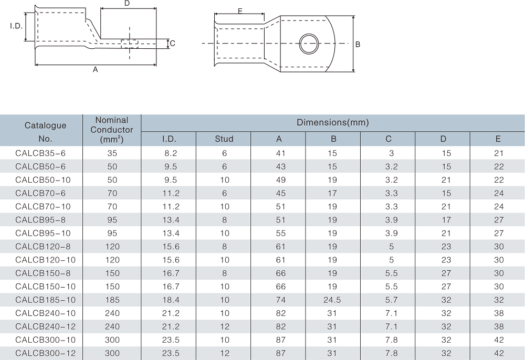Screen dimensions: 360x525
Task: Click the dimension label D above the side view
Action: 127,4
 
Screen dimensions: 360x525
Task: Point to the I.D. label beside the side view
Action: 15,25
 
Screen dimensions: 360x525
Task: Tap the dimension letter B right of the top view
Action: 358,45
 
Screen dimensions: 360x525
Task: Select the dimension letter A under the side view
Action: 96,70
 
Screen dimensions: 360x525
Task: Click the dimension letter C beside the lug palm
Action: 172,44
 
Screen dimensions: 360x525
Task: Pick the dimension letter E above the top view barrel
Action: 240,10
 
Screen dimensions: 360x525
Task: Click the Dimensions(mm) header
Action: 333,123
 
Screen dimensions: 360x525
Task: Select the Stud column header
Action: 224,139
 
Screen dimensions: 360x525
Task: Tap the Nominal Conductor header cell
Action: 112,130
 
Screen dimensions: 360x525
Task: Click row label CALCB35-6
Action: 41,153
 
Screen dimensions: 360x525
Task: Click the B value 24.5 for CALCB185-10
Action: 333,300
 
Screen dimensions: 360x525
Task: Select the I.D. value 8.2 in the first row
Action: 169,153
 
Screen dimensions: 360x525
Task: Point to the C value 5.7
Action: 388,300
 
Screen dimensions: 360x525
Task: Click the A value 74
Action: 278,300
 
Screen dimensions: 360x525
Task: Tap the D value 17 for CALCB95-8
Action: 443,219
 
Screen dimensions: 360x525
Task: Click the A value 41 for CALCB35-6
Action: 278,153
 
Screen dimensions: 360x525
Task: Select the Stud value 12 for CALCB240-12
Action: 224,327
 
